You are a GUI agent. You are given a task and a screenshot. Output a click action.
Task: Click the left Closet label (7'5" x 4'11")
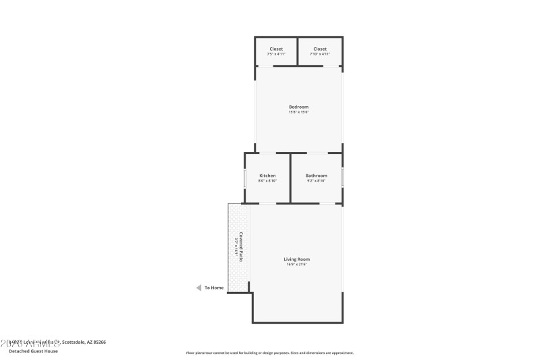(276, 49)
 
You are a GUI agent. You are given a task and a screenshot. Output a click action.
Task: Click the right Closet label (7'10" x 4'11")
(320, 49)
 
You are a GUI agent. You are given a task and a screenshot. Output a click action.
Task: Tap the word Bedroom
(298, 107)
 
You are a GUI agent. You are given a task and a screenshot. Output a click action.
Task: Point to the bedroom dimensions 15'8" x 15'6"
(298, 112)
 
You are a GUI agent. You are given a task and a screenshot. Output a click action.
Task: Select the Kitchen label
(267, 176)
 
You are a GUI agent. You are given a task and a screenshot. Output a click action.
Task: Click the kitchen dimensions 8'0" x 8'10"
(267, 181)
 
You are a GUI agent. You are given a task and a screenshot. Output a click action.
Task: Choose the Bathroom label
(316, 176)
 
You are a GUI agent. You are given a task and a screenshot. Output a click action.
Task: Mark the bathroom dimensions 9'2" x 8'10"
(316, 181)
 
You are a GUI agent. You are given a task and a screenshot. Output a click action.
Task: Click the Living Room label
(297, 259)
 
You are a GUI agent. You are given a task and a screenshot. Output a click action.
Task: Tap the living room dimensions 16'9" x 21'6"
(297, 264)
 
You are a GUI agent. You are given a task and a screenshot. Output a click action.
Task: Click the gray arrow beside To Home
(198, 288)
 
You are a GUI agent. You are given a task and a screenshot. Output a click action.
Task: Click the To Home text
(214, 288)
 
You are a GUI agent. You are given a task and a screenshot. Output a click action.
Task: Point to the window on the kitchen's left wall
(244, 178)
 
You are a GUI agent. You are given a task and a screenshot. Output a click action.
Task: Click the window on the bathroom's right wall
(342, 178)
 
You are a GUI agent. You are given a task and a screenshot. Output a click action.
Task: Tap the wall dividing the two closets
(298, 51)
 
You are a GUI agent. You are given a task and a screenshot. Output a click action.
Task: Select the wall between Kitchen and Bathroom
(290, 178)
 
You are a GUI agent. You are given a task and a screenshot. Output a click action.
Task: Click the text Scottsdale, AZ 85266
(84, 342)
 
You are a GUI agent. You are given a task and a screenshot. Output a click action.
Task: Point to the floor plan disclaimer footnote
(269, 353)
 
